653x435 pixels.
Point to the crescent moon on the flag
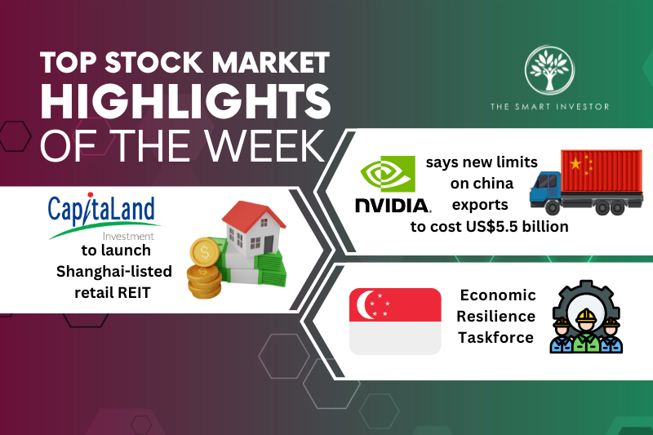pyautogui.click(x=364, y=302)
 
